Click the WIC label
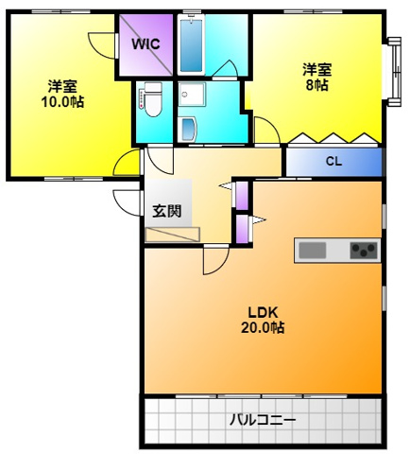coord(145,44)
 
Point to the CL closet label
coord(333,161)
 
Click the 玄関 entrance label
coord(166,211)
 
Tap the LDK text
coord(262,312)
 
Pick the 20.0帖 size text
coord(262,328)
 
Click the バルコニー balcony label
coord(263,419)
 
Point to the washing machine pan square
coord(192,96)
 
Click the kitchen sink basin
coord(312,250)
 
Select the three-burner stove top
coord(362,250)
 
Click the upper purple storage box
coord(241,195)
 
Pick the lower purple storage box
coord(241,230)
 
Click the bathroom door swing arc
coord(224,69)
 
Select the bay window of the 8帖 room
coord(393,71)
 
